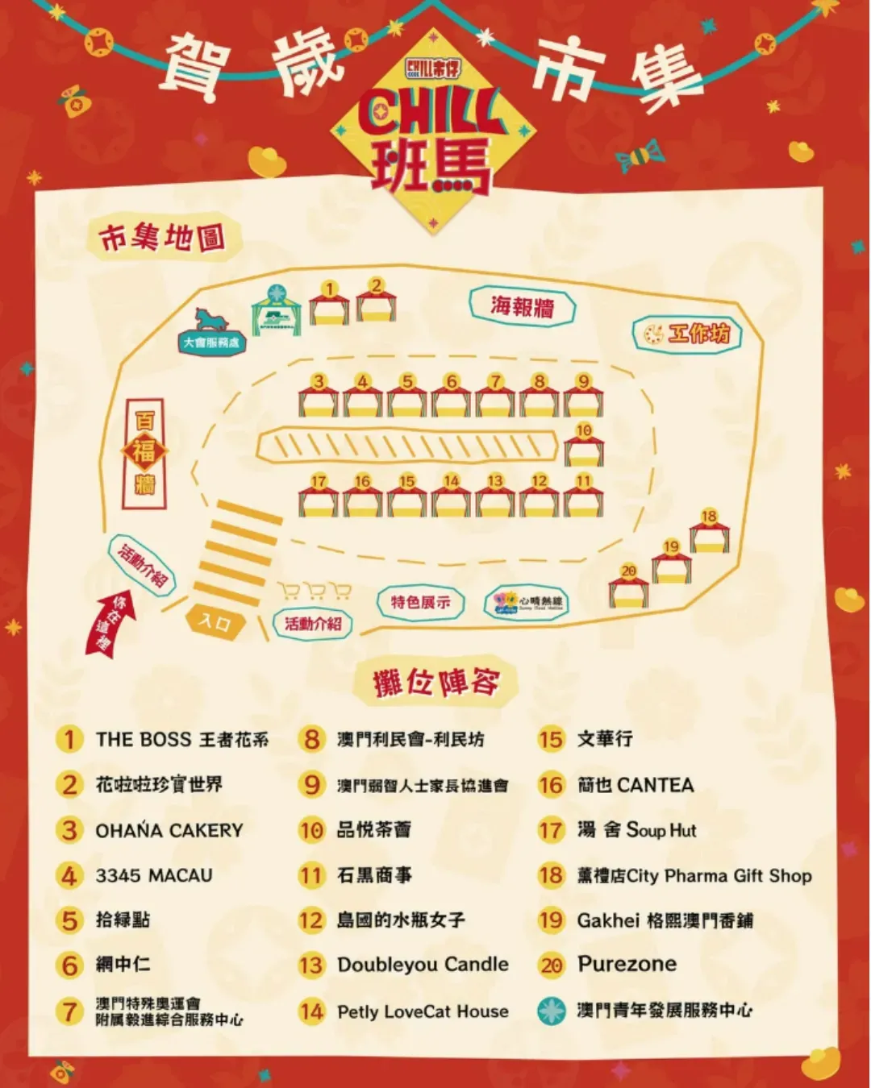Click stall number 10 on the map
584,446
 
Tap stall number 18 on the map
709,532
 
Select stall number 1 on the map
329,305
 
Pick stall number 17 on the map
319,496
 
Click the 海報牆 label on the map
523,306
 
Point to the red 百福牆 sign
144,453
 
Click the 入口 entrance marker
215,621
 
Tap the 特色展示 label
421,602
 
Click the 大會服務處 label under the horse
211,343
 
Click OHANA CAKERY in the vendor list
169,830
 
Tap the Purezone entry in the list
627,964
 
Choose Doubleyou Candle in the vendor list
423,965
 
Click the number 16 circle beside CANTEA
552,785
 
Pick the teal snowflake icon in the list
552,1011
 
